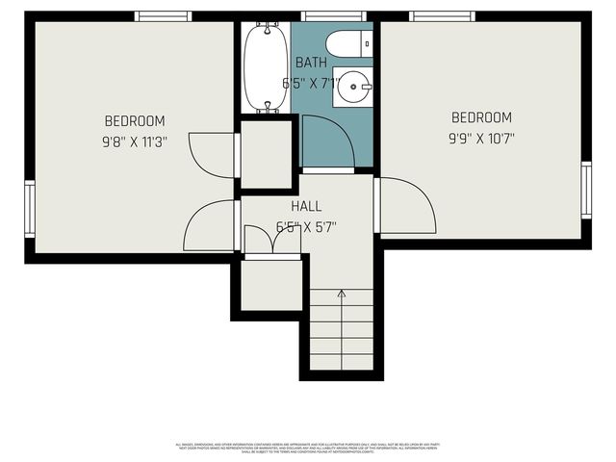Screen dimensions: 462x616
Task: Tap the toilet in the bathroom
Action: (346, 43)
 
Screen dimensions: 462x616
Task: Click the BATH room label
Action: (311, 63)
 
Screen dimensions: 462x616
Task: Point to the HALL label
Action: (306, 206)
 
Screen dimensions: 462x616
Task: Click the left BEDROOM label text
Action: (135, 121)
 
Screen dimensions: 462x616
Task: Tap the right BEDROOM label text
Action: (481, 117)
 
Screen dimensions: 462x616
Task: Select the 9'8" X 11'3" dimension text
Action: (135, 141)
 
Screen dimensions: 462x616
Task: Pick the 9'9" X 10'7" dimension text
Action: (481, 138)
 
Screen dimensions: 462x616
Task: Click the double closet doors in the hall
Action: (272, 241)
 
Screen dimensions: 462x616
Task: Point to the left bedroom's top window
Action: (163, 16)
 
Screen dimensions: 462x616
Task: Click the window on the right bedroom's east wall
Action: (586, 190)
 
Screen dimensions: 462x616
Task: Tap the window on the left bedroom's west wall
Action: (30, 209)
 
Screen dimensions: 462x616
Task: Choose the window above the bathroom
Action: (321, 16)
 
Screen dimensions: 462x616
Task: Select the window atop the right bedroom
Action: (442, 16)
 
